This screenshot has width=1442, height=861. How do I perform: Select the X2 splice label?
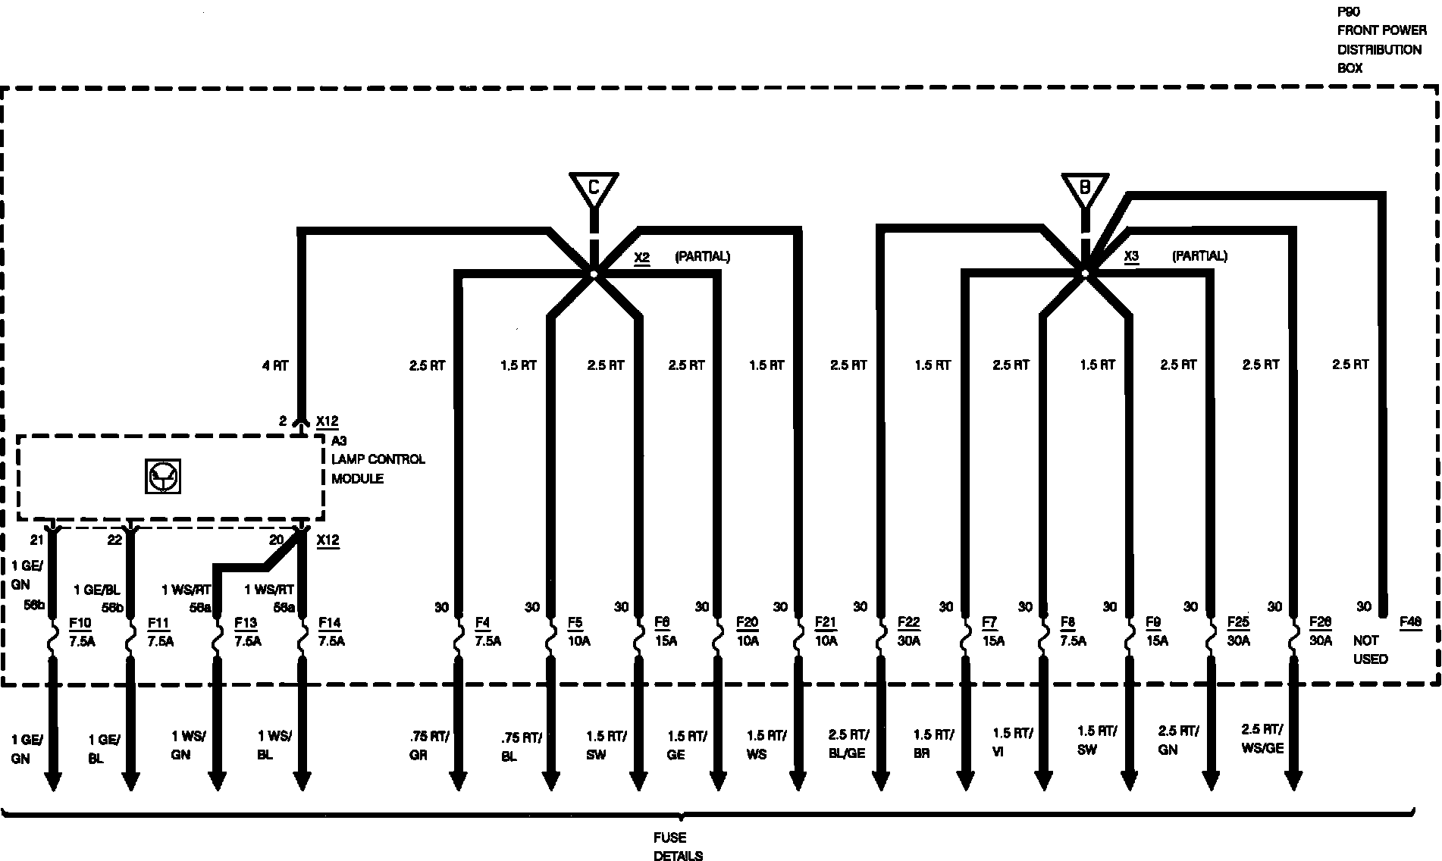pos(641,257)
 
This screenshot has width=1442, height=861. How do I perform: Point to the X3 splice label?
pos(1131,256)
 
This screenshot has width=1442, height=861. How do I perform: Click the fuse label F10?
pos(80,623)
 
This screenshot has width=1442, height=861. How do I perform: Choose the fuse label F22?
pos(908,623)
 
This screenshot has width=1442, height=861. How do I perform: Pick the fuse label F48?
pos(1410,622)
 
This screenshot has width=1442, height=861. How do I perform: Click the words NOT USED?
pos(1370,650)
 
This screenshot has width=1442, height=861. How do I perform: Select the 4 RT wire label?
pos(275,366)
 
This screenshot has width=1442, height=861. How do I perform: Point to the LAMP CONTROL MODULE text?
pos(378,468)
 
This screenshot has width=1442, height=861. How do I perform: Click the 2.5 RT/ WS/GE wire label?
pos(1262,738)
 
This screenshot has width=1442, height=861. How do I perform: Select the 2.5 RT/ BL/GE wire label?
pos(848,744)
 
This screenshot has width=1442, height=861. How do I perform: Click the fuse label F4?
pos(482,623)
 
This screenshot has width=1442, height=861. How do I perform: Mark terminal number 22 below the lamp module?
pos(114,540)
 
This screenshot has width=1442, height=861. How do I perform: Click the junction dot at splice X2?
pos(594,274)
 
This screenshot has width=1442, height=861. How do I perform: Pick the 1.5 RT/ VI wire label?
pos(1012,742)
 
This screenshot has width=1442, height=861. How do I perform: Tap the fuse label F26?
pos(1320,623)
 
